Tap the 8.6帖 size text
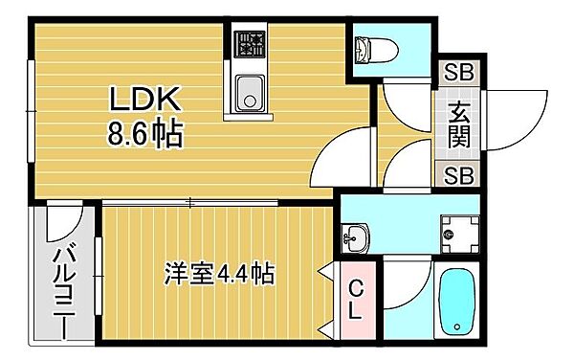[x=143, y=131]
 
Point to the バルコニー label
[x=63, y=287]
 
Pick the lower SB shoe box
[x=459, y=174]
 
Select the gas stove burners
[x=252, y=43]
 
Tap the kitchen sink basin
[x=252, y=93]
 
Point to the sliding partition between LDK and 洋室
[x=191, y=202]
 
